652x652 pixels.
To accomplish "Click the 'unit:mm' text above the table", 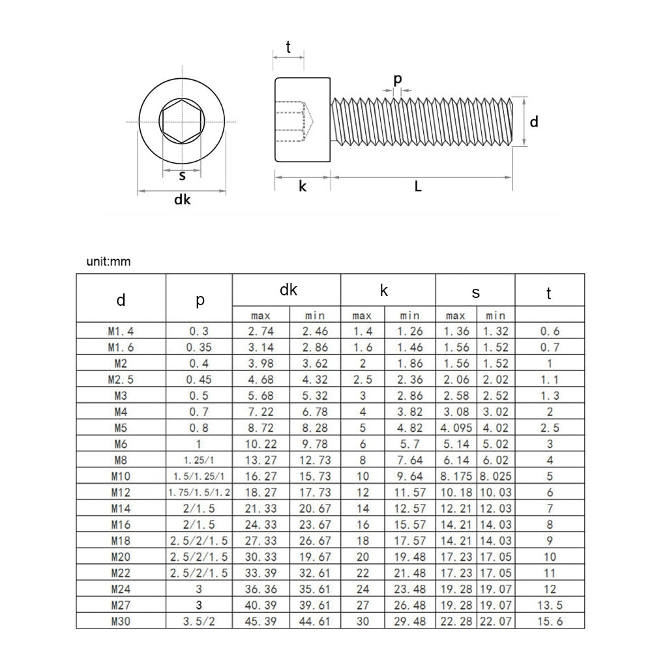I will [108, 262].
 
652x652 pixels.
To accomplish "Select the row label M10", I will [121, 477].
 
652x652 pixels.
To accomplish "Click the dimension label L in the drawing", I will [419, 186].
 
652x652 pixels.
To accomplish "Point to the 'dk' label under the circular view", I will [182, 200].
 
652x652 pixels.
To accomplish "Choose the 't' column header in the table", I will [549, 294].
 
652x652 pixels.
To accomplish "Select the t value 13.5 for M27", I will [549, 606].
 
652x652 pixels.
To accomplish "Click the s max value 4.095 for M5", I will [456, 428].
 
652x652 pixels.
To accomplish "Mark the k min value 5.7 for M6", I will [409, 445].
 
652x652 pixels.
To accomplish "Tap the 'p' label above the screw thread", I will [397, 79].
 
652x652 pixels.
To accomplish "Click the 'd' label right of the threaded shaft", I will [533, 121].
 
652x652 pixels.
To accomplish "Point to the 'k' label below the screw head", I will [303, 186].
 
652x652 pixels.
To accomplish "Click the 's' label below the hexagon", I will [183, 175].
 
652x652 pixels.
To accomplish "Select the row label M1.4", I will [121, 331].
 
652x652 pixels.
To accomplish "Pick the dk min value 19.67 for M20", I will [315, 557].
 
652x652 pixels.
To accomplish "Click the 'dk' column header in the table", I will [288, 291].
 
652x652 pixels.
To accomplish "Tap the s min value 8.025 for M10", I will [496, 477].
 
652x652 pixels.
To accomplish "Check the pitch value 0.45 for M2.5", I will [199, 379].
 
